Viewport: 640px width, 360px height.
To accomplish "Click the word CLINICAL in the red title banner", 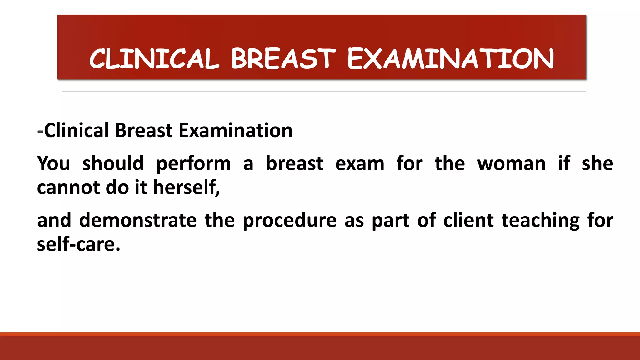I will (154, 59).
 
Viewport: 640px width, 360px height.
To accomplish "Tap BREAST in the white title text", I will (283, 59).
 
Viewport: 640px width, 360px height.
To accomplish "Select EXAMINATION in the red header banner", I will (450, 59).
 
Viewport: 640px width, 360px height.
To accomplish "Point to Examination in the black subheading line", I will (235, 130).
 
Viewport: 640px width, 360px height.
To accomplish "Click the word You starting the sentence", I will (53, 163).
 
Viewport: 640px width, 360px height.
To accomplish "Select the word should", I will (113, 163).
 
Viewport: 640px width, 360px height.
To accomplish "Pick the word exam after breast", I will (360, 164).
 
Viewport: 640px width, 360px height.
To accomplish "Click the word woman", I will (511, 164).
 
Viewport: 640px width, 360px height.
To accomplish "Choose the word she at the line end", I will (597, 163).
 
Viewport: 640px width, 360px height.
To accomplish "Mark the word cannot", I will (68, 187).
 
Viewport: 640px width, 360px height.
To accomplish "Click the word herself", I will (186, 187).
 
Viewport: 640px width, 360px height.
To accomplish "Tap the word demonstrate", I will (138, 220).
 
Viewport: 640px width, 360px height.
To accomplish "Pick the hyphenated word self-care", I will (78, 244).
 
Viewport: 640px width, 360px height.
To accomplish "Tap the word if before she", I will (564, 163).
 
